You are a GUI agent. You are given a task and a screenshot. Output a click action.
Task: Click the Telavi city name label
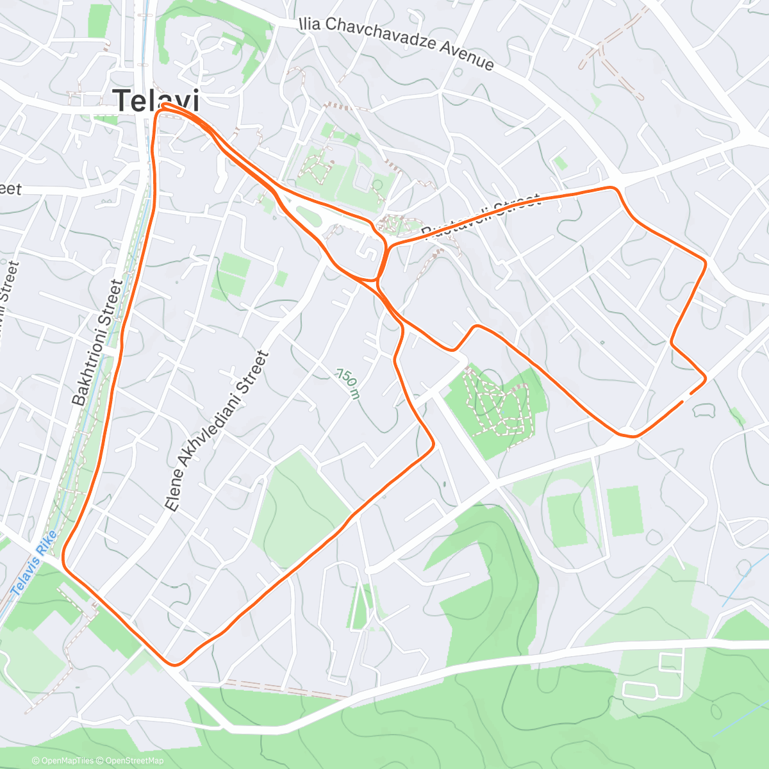[156, 101]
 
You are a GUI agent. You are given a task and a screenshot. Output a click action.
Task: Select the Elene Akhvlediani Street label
[216, 430]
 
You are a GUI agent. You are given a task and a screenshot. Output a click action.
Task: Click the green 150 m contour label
[347, 383]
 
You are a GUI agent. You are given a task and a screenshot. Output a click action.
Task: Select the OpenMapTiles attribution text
[67, 761]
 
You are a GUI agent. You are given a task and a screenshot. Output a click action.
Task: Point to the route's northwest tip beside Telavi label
[164, 104]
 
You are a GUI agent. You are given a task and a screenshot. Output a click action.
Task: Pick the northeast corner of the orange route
[705, 261]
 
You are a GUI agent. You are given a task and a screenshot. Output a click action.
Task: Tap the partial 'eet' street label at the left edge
[10, 189]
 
